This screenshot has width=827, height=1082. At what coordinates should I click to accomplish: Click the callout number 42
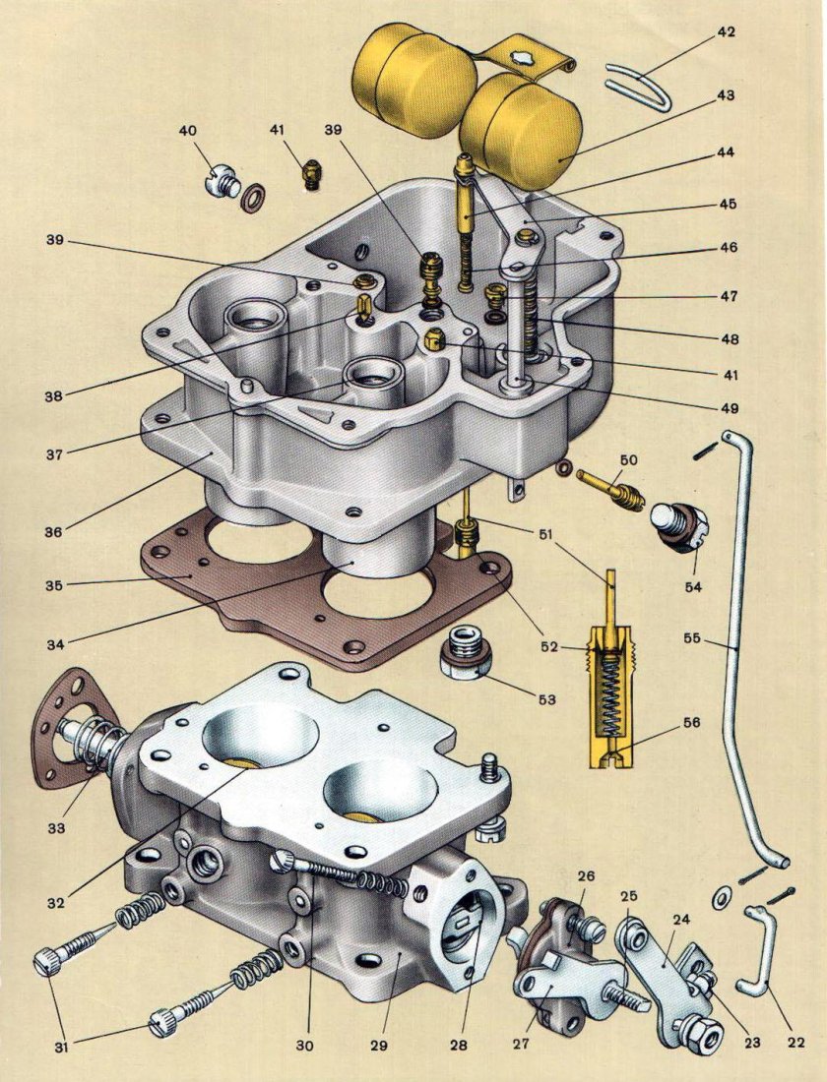(x=726, y=31)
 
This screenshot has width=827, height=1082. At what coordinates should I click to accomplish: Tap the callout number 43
(x=726, y=95)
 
